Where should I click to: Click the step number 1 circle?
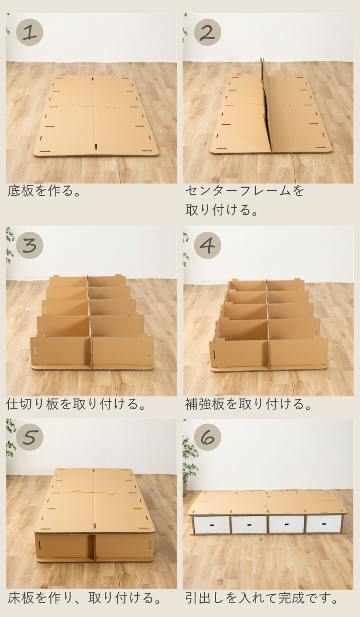tap(30, 32)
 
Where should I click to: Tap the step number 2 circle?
tap(207, 32)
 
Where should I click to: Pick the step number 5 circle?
tap(30, 437)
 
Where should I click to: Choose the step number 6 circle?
tap(207, 437)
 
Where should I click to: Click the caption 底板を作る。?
tap(45, 191)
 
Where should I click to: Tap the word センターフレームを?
tap(245, 191)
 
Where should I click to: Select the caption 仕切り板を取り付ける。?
tap(77, 404)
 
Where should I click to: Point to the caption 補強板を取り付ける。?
tap(249, 404)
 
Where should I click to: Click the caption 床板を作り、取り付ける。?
tap(84, 598)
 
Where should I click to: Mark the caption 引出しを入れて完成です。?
tap(262, 598)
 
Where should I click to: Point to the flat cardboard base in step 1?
tap(96, 117)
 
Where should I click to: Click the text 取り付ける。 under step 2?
tap(222, 210)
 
